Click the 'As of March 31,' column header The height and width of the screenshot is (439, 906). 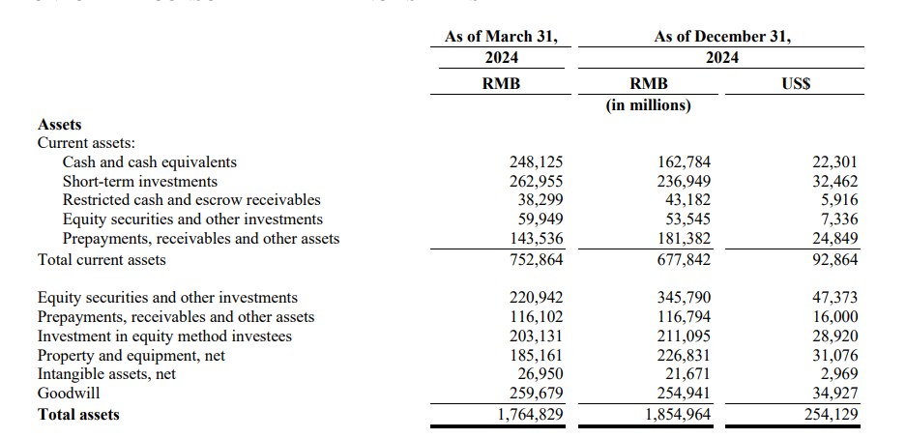pyautogui.click(x=501, y=37)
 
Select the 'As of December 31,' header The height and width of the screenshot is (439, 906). pyautogui.click(x=721, y=37)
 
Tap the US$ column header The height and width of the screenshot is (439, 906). pyautogui.click(x=795, y=83)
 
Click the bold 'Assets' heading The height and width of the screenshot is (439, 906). pyautogui.click(x=59, y=124)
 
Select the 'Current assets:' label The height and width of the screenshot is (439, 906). pyautogui.click(x=86, y=143)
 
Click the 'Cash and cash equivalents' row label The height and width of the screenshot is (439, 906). pyautogui.click(x=149, y=162)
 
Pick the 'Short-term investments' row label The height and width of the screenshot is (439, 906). pyautogui.click(x=140, y=182)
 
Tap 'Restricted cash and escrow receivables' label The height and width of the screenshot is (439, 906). pyautogui.click(x=191, y=200)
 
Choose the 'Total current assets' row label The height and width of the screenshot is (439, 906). pyautogui.click(x=102, y=259)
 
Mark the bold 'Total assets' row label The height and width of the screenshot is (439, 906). pyautogui.click(x=78, y=414)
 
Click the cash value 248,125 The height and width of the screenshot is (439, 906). pyautogui.click(x=536, y=162)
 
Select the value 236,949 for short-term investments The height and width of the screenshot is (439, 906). pyautogui.click(x=684, y=182)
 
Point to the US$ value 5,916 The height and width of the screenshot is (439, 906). pyautogui.click(x=836, y=200)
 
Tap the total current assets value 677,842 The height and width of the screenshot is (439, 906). pyautogui.click(x=684, y=259)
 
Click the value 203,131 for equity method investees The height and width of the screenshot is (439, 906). pyautogui.click(x=536, y=337)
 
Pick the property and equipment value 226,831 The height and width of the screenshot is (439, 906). pyautogui.click(x=684, y=356)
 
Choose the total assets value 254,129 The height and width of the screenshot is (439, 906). pyautogui.click(x=831, y=414)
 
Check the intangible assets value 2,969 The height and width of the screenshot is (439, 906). pyautogui.click(x=836, y=374)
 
